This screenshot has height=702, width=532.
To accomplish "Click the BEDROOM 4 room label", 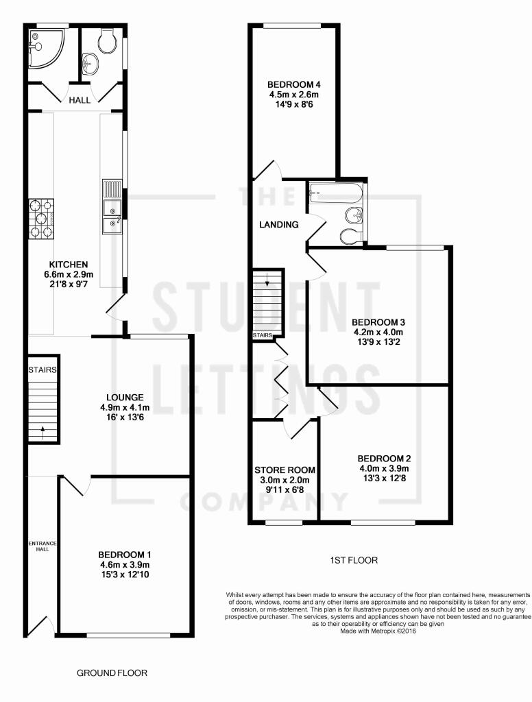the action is [293, 84].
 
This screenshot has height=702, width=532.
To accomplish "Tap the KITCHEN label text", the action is [69, 265].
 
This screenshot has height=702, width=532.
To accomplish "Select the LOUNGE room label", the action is [125, 397].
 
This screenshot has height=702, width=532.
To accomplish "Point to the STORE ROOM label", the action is [285, 470].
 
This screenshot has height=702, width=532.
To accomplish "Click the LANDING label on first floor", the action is [279, 225].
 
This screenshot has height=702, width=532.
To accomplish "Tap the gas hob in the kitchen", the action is [41, 219].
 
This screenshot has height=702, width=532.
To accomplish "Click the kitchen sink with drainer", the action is [112, 206].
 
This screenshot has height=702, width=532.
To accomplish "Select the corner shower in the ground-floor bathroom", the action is [47, 49].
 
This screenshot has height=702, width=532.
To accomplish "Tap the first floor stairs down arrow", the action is [268, 280].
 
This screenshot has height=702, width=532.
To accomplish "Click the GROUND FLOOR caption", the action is [112, 673].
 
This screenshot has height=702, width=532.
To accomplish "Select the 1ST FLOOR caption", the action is [354, 560].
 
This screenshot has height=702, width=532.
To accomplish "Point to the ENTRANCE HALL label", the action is [43, 546].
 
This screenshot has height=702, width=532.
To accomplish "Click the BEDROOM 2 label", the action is [384, 459].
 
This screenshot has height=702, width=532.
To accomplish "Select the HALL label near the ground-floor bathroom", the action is [80, 100].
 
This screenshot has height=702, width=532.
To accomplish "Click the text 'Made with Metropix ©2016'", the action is [378, 631].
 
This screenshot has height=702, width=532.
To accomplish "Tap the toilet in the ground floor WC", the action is [107, 41].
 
